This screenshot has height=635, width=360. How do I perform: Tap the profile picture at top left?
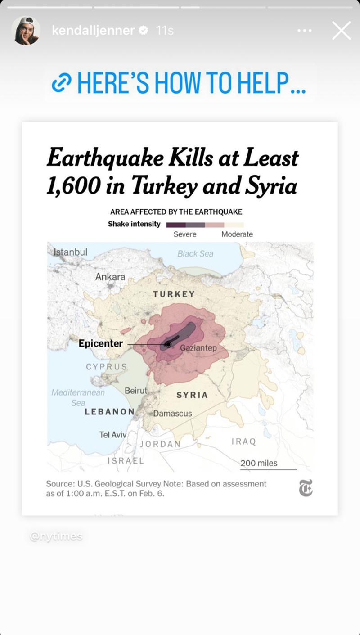(26, 31)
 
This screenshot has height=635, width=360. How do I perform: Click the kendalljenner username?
(93, 31)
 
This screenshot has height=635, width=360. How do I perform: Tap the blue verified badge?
(144, 31)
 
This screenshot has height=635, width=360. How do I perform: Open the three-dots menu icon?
(305, 31)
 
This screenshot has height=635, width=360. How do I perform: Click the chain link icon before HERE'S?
(61, 83)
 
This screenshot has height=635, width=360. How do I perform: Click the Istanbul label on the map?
(70, 252)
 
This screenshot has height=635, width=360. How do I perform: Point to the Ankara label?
(110, 277)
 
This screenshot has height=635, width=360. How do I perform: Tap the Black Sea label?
(195, 254)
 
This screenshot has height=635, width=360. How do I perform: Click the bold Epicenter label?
(100, 343)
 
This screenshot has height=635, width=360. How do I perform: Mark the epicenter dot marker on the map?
(168, 344)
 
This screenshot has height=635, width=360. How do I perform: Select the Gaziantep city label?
(198, 348)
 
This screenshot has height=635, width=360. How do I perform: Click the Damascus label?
(172, 413)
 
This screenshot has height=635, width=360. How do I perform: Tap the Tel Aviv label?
(112, 435)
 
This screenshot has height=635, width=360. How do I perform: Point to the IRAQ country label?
(243, 441)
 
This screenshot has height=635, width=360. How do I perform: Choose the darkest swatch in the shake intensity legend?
(175, 225)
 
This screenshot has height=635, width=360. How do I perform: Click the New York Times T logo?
(306, 488)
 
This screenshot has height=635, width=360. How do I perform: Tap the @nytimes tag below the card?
(56, 536)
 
